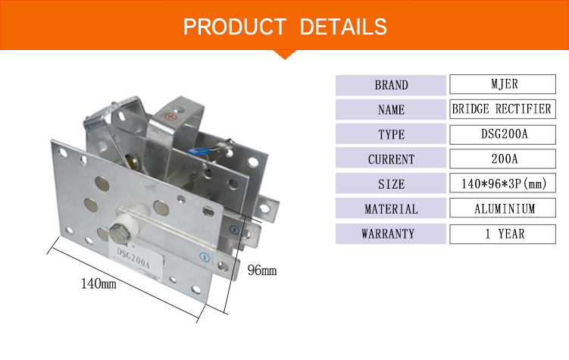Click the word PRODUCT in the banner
click(235, 27)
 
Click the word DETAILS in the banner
click(343, 27)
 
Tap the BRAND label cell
click(391, 86)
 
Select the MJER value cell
click(502, 84)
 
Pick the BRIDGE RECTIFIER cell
click(502, 109)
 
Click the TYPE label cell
click(391, 134)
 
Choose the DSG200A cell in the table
click(502, 135)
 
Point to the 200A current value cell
click(502, 158)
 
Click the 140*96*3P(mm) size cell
click(502, 183)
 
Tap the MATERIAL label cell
click(391, 208)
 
